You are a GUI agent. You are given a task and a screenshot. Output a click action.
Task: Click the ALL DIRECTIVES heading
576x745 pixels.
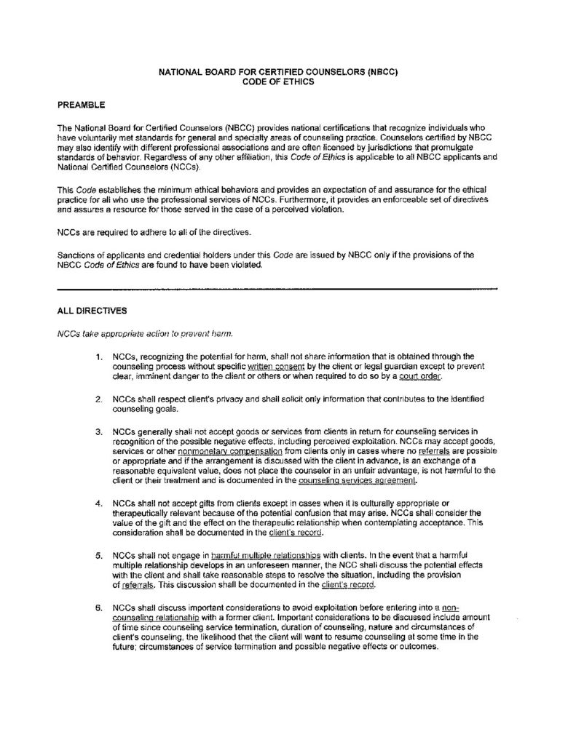tap(92, 311)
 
